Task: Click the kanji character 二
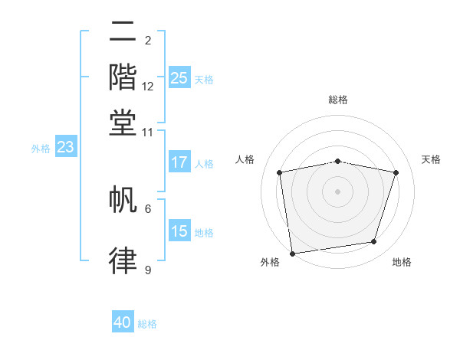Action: [123, 32]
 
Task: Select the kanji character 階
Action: [123, 77]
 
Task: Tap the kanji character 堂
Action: [123, 122]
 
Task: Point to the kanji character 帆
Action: [123, 201]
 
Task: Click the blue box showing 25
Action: [179, 78]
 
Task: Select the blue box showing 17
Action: [179, 162]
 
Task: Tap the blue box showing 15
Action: [179, 231]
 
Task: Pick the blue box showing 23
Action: [64, 147]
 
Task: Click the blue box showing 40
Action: [123, 322]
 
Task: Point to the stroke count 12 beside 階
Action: [148, 87]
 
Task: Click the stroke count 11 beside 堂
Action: [148, 132]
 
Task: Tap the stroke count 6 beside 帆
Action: [148, 208]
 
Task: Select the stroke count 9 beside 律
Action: [148, 270]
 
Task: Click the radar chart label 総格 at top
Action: [337, 100]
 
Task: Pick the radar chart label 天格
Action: [431, 159]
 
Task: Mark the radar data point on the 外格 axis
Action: [292, 253]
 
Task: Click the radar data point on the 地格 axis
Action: [374, 242]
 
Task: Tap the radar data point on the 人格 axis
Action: [280, 173]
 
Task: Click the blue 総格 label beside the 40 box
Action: [147, 324]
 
